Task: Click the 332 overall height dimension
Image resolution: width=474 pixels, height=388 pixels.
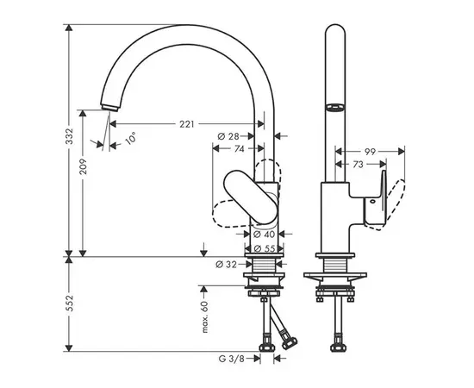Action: point(66,140)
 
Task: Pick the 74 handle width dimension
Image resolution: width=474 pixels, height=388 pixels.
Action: point(238,148)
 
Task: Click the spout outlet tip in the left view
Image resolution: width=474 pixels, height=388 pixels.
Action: point(109,105)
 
